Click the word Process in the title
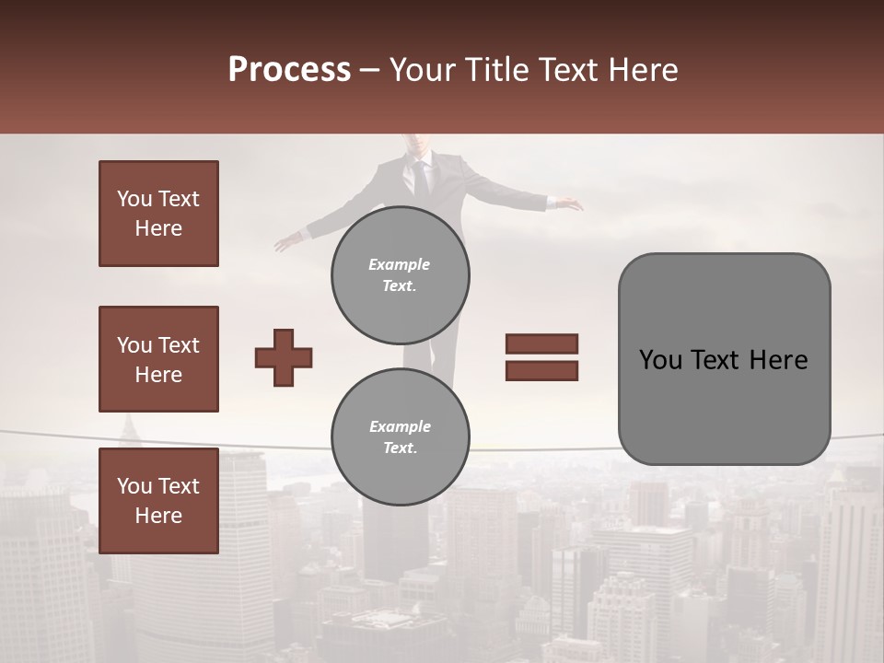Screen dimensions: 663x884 289,70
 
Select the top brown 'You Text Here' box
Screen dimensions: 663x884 158,214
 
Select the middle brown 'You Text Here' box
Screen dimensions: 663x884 158,359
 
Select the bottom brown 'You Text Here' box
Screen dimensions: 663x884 158,500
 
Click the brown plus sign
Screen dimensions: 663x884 284,357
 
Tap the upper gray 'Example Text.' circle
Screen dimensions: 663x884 400,275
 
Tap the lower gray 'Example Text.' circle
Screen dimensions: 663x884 400,436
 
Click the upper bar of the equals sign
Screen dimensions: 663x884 541,344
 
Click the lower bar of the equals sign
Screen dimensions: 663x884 541,370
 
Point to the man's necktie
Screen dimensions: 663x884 421,177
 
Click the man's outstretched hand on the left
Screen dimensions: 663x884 286,243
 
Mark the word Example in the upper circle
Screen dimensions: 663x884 400,264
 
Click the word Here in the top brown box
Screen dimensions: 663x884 158,228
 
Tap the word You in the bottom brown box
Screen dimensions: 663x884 134,485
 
